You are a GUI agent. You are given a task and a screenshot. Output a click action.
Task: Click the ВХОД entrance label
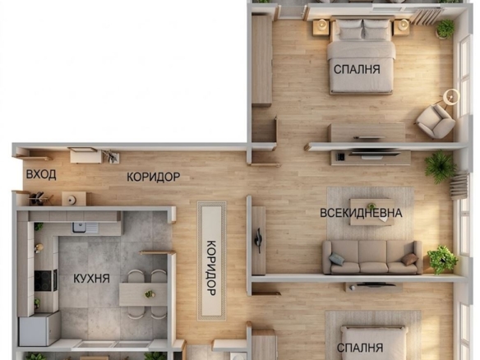click(x=41, y=174)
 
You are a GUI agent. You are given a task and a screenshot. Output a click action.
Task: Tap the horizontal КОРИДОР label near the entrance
click(x=154, y=177)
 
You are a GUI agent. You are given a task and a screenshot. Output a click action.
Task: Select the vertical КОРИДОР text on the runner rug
click(x=212, y=268)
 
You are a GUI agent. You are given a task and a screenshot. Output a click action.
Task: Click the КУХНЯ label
click(x=91, y=279)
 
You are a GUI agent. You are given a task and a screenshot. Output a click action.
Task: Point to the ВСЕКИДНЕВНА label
click(x=361, y=213)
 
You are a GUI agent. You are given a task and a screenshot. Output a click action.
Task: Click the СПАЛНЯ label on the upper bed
click(x=357, y=70)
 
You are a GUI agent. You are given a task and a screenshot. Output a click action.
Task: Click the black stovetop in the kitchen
click(x=43, y=281)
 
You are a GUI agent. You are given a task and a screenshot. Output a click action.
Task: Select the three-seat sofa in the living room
click(x=372, y=257)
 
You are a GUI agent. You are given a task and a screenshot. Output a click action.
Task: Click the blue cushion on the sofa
click(x=336, y=259)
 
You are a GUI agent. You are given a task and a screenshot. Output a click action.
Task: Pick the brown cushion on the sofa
click(x=409, y=259)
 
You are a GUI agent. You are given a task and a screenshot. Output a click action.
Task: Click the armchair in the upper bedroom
click(x=436, y=121)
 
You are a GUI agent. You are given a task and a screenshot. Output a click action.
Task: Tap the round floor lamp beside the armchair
click(x=451, y=97)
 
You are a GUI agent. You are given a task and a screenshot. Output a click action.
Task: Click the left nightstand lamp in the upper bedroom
click(x=321, y=24)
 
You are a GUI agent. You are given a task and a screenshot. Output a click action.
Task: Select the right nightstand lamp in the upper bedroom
click(x=404, y=24)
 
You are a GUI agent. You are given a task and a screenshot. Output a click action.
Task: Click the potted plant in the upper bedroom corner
click(x=445, y=29)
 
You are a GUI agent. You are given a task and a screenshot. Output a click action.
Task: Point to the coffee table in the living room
click(x=372, y=212)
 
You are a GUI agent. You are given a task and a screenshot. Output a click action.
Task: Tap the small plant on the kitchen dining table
click(x=150, y=294)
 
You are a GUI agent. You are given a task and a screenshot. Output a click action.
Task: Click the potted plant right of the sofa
click(x=442, y=260)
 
